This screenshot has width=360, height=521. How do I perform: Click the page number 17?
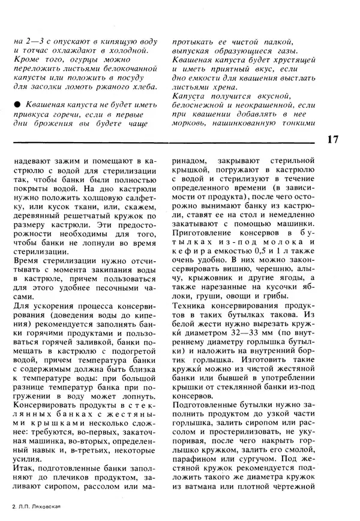click(334, 140)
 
